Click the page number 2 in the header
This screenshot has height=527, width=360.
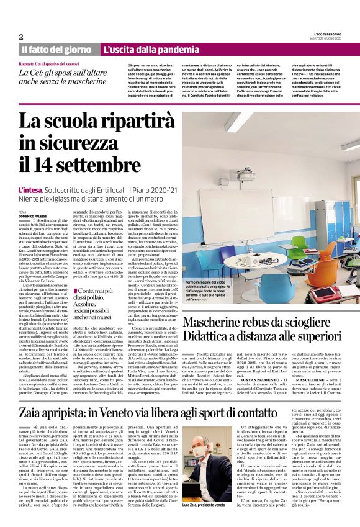point(20,37)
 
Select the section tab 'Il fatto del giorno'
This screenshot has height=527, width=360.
point(58,49)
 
